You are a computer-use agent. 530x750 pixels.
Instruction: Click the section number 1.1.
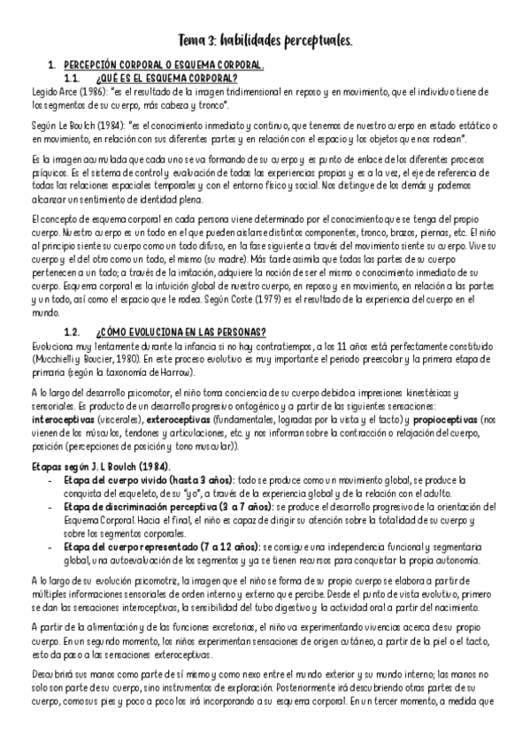(x=73, y=79)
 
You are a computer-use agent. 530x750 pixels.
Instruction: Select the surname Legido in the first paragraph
(x=42, y=91)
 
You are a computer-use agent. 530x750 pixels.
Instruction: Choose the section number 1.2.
(x=73, y=332)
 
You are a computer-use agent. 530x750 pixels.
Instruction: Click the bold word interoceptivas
(x=62, y=417)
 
